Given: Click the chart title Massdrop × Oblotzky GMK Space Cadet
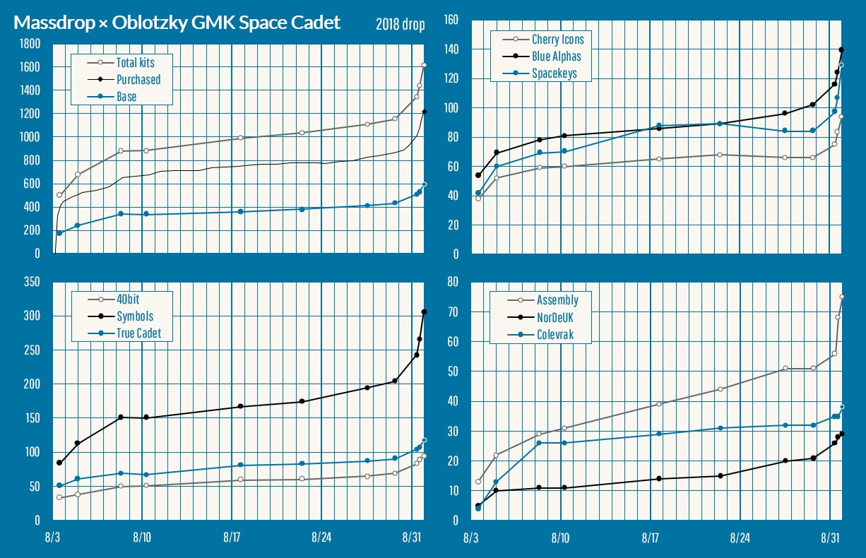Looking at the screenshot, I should tap(177, 23).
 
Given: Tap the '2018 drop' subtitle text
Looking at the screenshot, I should tap(401, 25).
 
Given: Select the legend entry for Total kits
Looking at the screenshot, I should tap(134, 63).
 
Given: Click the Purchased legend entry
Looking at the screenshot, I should tap(138, 80).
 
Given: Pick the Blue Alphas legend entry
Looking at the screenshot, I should tap(556, 57).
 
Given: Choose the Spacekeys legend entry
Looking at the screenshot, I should tap(554, 73).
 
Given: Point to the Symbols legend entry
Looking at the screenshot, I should tap(134, 316).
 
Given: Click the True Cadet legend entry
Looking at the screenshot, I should tap(140, 333).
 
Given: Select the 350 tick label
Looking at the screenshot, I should tap(31, 282).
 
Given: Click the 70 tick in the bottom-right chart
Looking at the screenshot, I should tap(451, 311).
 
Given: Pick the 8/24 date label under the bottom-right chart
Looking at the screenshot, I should tap(740, 538).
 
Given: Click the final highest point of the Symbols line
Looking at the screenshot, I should tap(424, 311).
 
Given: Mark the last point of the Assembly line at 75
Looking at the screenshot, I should tap(841, 297).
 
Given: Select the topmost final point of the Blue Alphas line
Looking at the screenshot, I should tap(841, 49).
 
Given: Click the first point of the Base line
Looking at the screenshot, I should tap(59, 233).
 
